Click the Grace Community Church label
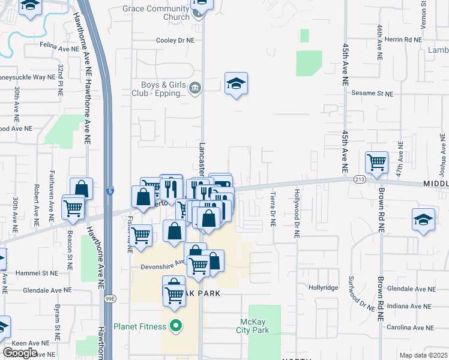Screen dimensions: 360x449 coord(155,13)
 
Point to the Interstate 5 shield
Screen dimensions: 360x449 coord(110,191)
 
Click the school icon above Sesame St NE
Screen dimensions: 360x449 coord(237,85)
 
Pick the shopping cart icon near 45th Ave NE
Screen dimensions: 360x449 coord(376,162)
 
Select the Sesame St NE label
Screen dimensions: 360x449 coord(372,94)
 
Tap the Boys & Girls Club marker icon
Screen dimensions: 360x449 coord(194,89)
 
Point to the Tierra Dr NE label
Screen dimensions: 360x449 coord(273,210)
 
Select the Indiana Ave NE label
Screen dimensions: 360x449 coord(411,307)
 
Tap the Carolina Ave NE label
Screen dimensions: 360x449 coord(411,328)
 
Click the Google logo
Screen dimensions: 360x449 coord(20,353)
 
